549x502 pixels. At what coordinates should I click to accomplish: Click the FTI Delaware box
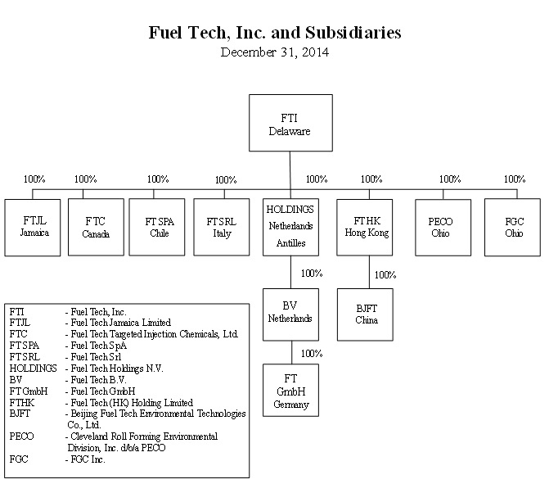290,123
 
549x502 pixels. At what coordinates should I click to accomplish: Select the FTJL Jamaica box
33,227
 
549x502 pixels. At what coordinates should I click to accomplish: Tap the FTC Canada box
95,227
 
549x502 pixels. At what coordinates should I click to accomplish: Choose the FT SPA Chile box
160,227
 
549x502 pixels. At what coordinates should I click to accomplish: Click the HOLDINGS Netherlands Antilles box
290,226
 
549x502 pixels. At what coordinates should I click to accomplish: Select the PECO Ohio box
440,227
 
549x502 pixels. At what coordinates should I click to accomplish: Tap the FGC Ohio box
512,227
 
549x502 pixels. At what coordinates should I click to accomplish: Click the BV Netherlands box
290,314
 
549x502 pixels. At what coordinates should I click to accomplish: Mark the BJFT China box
365,314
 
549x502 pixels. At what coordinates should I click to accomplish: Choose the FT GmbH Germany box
290,391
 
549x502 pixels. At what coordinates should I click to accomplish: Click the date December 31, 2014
275,52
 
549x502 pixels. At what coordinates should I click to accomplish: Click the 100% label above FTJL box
35,179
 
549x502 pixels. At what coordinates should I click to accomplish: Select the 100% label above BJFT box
385,275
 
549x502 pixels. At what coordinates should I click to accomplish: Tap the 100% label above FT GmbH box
311,354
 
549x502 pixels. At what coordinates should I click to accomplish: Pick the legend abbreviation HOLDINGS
33,369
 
